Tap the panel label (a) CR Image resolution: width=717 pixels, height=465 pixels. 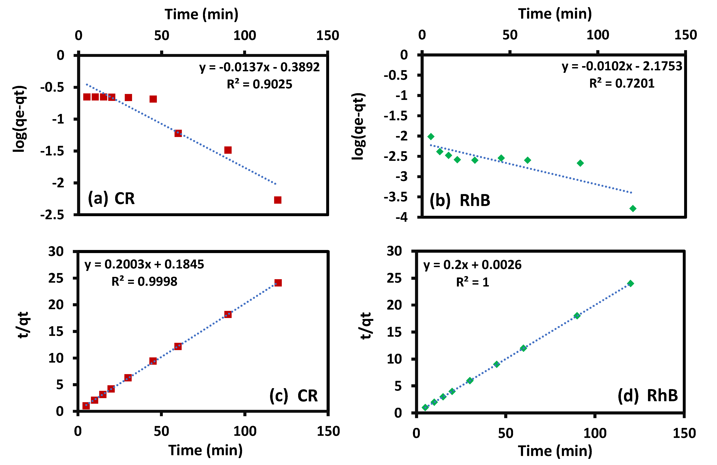pyautogui.click(x=111, y=198)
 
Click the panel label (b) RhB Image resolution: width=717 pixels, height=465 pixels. pyautogui.click(x=460, y=200)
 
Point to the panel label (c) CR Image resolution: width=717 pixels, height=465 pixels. pyautogui.click(x=293, y=396)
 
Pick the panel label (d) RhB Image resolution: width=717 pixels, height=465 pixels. pyautogui.click(x=648, y=395)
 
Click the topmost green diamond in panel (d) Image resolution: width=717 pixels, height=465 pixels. pyautogui.click(x=630, y=283)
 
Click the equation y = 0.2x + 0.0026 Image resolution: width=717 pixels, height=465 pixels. pyautogui.click(x=472, y=265)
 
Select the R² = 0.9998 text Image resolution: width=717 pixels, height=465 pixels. pyautogui.click(x=144, y=281)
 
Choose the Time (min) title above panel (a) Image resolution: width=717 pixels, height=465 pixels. pyautogui.click(x=201, y=14)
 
